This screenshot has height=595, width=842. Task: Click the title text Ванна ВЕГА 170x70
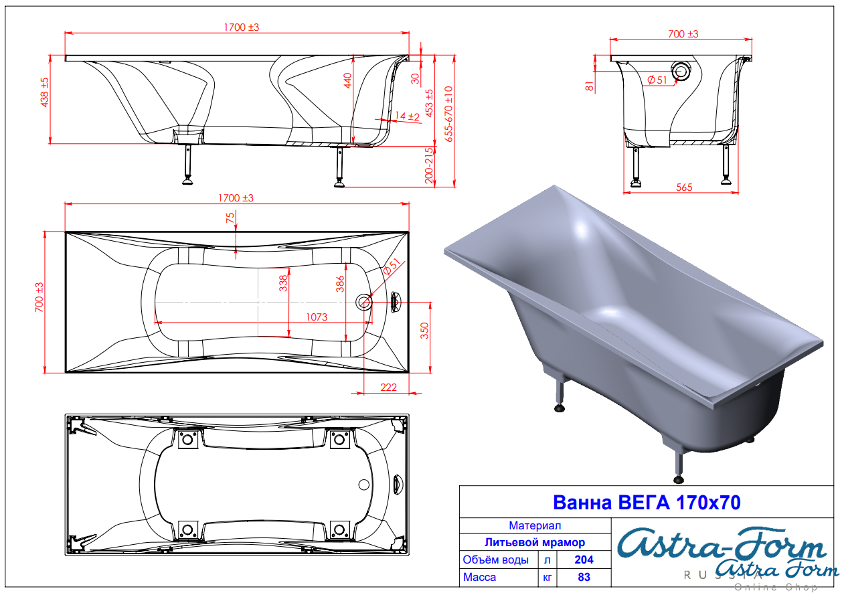647,503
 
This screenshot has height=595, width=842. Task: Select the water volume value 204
584,560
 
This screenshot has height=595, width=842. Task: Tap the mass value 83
584,577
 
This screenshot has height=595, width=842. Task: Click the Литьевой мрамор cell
535,542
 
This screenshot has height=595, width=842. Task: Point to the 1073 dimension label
317,317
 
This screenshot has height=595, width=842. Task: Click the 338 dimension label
283,283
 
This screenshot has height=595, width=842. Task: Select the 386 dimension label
340,284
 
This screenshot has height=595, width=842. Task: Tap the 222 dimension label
388,387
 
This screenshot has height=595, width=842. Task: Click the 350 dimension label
424,331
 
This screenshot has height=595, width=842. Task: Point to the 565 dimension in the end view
684,187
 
